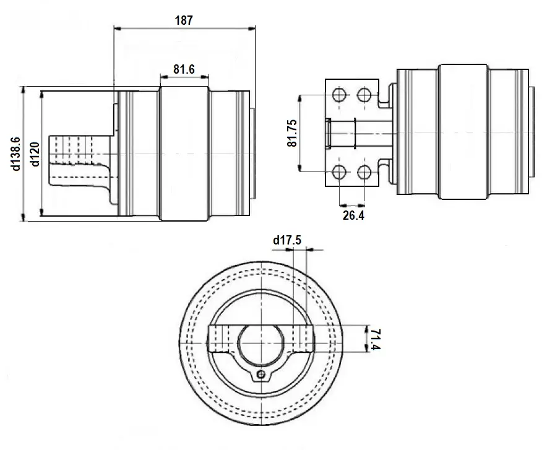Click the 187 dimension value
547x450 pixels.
click(184, 20)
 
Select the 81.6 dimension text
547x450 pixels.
click(184, 69)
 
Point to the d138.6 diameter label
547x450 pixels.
click(16, 154)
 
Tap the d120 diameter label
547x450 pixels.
click(35, 154)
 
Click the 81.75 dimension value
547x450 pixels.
click(292, 133)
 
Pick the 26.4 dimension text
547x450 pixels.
click(353, 215)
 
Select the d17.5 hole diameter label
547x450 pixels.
click(287, 240)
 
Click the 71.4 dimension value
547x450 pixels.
click(374, 339)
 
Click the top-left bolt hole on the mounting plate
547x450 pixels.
click(339, 94)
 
